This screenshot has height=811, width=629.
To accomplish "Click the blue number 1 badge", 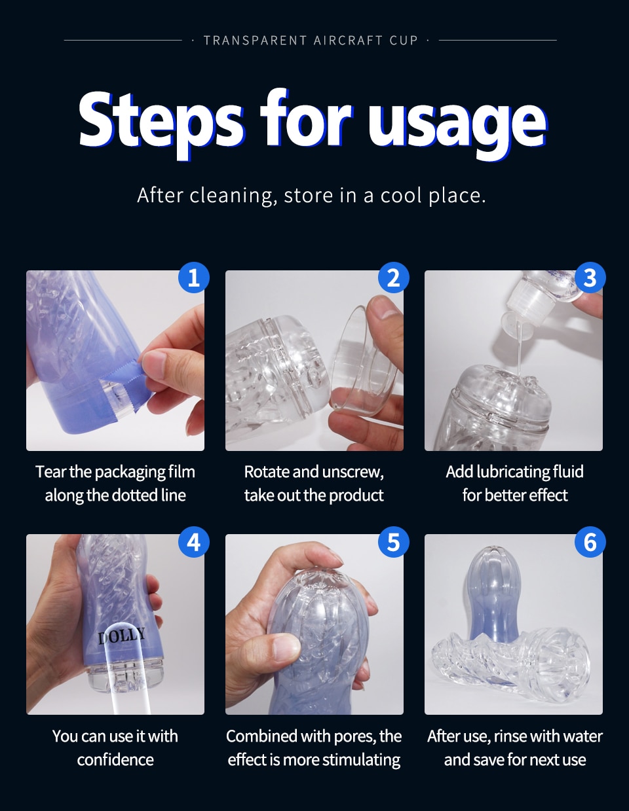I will coord(193,278).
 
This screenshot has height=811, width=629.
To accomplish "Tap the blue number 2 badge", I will coord(393,278).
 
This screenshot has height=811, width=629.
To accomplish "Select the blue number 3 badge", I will coord(590,278).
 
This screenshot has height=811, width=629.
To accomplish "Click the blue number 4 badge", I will coord(193,542).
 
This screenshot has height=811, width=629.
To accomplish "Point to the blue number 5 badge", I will coord(393,542).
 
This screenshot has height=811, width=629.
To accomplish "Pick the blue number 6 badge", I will coord(590,542).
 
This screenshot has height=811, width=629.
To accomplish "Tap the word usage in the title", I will coord(457,122).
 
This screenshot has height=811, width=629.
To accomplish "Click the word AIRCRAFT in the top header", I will coord(348,41).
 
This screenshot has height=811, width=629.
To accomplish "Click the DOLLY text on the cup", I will coord(122,635).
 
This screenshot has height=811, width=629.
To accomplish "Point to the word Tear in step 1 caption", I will coord(50,472).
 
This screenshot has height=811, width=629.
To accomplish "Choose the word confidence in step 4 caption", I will coord(115,760).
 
